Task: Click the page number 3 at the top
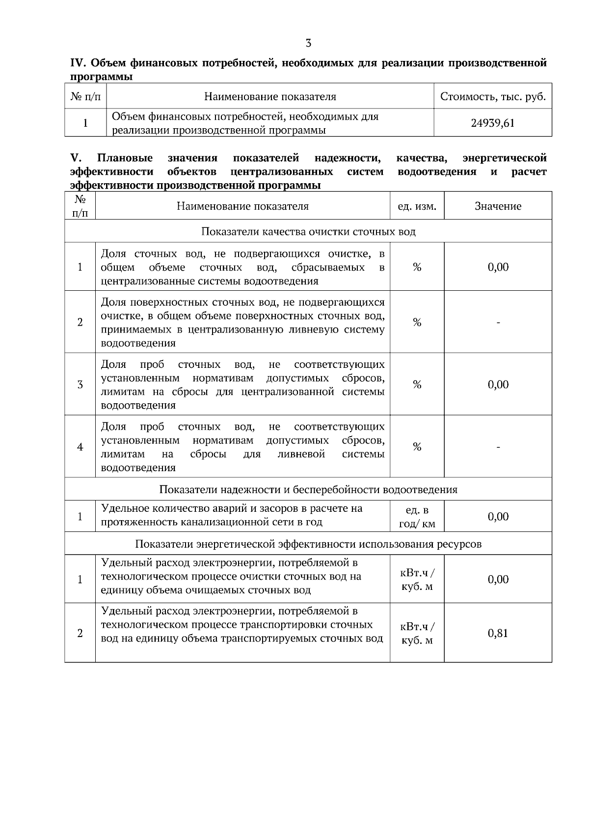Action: tap(308, 43)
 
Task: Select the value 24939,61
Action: tap(492, 123)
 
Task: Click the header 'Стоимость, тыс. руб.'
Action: tap(493, 96)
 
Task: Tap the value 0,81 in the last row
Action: tap(498, 633)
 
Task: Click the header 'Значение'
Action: tap(498, 206)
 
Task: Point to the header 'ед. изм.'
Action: tap(417, 206)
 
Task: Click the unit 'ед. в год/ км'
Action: tap(417, 517)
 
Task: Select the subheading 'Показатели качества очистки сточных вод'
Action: tap(308, 231)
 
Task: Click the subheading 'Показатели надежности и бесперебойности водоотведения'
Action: tap(308, 490)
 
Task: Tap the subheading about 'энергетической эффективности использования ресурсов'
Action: tap(308, 544)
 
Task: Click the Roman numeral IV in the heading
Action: tap(79, 63)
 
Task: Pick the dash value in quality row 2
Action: tap(498, 323)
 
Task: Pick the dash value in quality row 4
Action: tap(498, 447)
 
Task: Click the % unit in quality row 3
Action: tap(417, 385)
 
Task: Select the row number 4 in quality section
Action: tap(80, 447)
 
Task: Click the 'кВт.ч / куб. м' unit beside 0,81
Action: tap(417, 634)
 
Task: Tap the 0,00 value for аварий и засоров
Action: tap(498, 517)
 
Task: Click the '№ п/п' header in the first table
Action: tap(85, 96)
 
